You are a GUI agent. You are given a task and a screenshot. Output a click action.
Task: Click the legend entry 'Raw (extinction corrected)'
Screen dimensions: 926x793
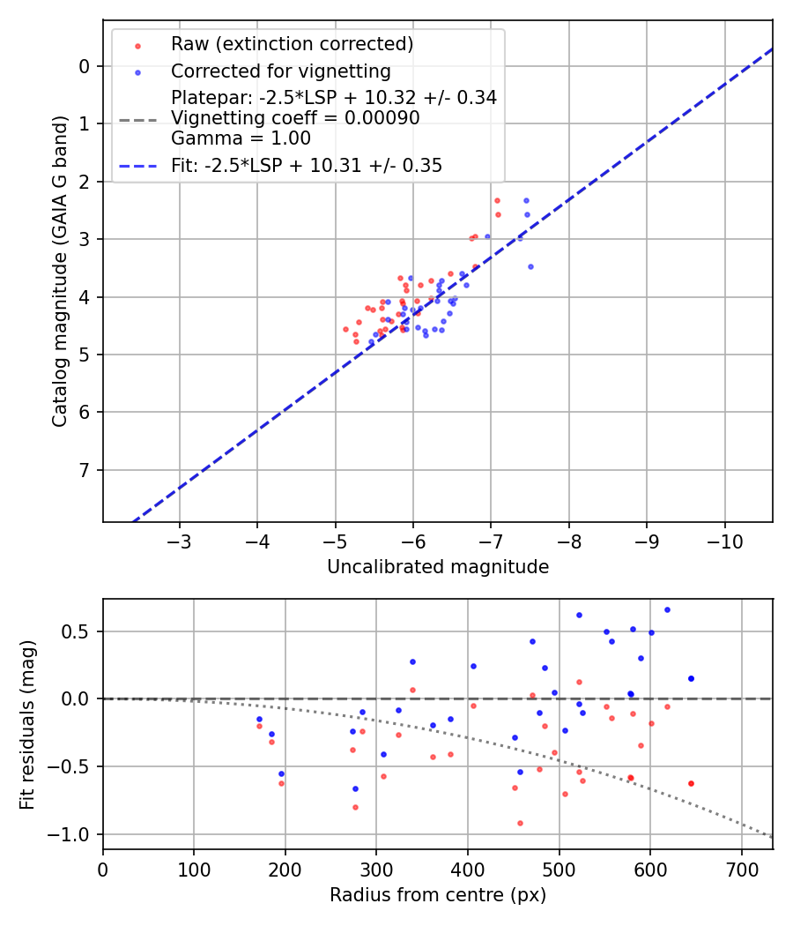click(x=292, y=44)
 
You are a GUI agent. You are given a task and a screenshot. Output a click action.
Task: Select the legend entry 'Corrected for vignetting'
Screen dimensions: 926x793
click(x=280, y=71)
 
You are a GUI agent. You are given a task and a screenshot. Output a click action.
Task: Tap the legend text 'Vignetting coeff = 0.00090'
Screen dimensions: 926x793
click(x=295, y=118)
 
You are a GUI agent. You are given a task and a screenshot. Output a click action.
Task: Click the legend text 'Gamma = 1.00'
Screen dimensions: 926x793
click(x=241, y=138)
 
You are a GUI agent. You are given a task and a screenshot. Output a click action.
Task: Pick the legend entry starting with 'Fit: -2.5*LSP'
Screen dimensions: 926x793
click(x=306, y=165)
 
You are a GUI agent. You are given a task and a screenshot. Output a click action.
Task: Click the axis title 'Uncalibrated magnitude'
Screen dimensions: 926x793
click(x=438, y=567)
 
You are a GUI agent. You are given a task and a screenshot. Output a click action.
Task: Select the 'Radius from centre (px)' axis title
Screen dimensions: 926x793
click(x=438, y=895)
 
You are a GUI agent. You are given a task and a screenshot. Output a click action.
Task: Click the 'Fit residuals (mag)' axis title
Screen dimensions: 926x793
click(x=27, y=724)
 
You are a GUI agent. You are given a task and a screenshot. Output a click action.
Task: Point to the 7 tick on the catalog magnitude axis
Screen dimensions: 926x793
click(x=84, y=470)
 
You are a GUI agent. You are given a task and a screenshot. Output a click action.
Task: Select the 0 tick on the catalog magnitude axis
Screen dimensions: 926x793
click(x=84, y=66)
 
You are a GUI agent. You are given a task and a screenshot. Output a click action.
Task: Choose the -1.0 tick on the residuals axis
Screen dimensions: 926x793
click(x=73, y=834)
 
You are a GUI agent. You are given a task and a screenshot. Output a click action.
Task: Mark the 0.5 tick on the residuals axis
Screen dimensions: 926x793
click(x=78, y=631)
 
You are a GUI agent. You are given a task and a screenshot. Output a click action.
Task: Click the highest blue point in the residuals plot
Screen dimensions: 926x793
click(x=667, y=609)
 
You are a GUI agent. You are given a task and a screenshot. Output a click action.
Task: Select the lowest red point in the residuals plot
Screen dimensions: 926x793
click(x=520, y=823)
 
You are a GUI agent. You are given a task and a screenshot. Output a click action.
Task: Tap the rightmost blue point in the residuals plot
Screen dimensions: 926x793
click(x=691, y=678)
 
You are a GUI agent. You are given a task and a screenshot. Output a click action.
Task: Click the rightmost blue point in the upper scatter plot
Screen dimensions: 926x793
click(x=530, y=266)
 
